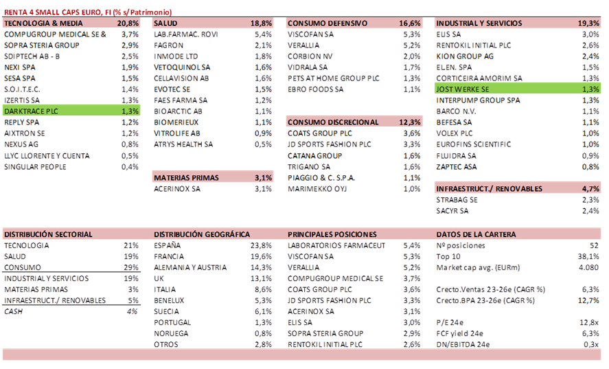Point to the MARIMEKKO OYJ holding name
[x=315, y=188]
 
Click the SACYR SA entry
[x=452, y=210]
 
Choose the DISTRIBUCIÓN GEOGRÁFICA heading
[x=202, y=234]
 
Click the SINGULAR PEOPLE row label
[x=35, y=166]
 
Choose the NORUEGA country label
[x=171, y=333]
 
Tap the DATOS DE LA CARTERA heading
[x=476, y=234]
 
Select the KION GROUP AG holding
[x=465, y=56]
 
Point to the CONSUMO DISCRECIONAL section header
[x=333, y=122]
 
